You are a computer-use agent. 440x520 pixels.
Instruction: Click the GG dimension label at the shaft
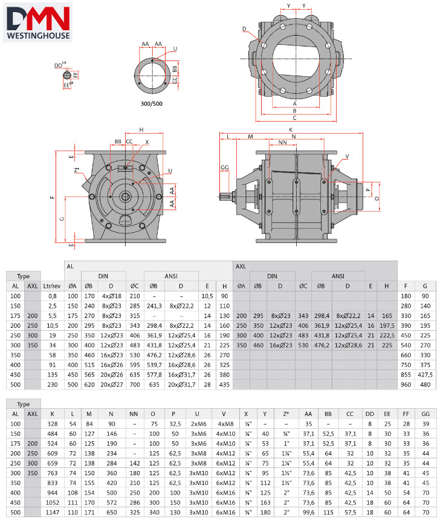point(225,166)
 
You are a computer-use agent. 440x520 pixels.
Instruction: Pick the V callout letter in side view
point(347,157)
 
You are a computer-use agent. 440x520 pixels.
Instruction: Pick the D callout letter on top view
point(244,28)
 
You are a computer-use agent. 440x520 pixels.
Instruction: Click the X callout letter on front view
point(146,143)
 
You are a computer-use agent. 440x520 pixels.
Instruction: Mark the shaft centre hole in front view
point(126,197)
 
